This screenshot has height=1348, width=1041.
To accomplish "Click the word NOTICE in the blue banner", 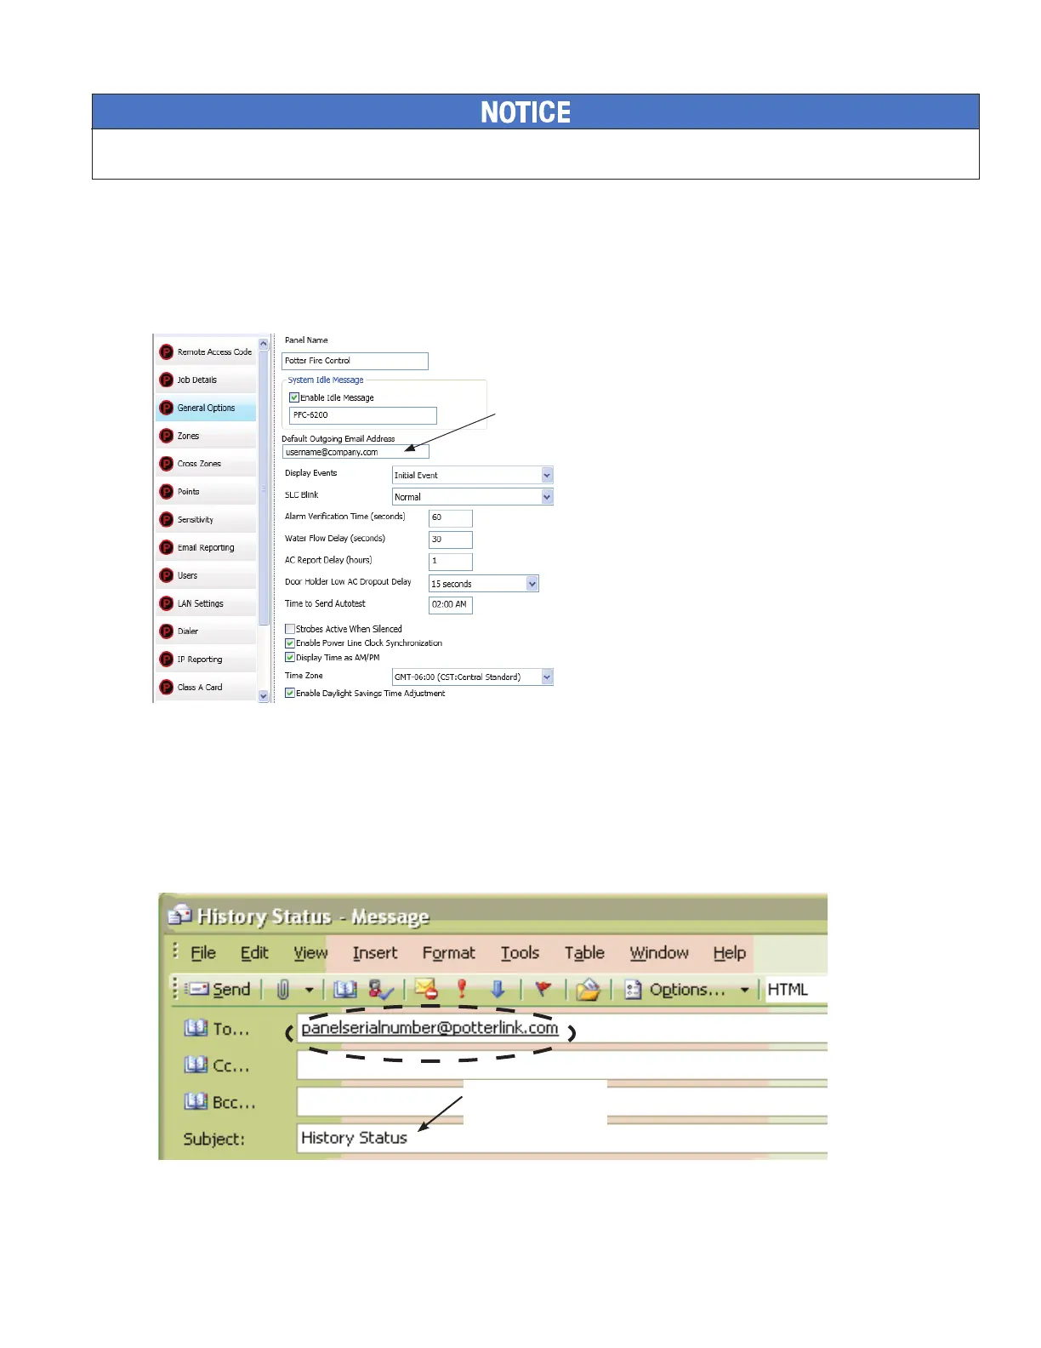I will (x=526, y=112).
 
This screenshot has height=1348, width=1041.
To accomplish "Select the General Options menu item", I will (x=206, y=408).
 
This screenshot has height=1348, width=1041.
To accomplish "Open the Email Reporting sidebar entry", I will (x=205, y=548).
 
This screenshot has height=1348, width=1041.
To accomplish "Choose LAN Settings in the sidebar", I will (x=200, y=604).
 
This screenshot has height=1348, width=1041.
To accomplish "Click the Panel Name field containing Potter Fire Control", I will (x=354, y=361).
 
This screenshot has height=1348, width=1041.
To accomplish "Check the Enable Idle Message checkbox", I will (x=294, y=397).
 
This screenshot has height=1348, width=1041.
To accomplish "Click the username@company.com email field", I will (x=355, y=452).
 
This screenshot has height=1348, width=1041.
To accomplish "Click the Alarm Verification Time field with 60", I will (x=450, y=517).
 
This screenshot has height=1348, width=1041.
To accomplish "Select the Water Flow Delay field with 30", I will (x=450, y=540).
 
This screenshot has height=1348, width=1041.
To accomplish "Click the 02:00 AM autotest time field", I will (x=450, y=604).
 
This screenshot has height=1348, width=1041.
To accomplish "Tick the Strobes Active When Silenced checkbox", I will (x=290, y=629).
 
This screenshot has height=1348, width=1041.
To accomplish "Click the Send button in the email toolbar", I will (x=219, y=989).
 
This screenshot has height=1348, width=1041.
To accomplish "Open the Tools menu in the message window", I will (x=520, y=953).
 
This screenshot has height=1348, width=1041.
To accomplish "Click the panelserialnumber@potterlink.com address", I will (x=429, y=1028).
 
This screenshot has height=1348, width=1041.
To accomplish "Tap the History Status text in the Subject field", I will (x=354, y=1138).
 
